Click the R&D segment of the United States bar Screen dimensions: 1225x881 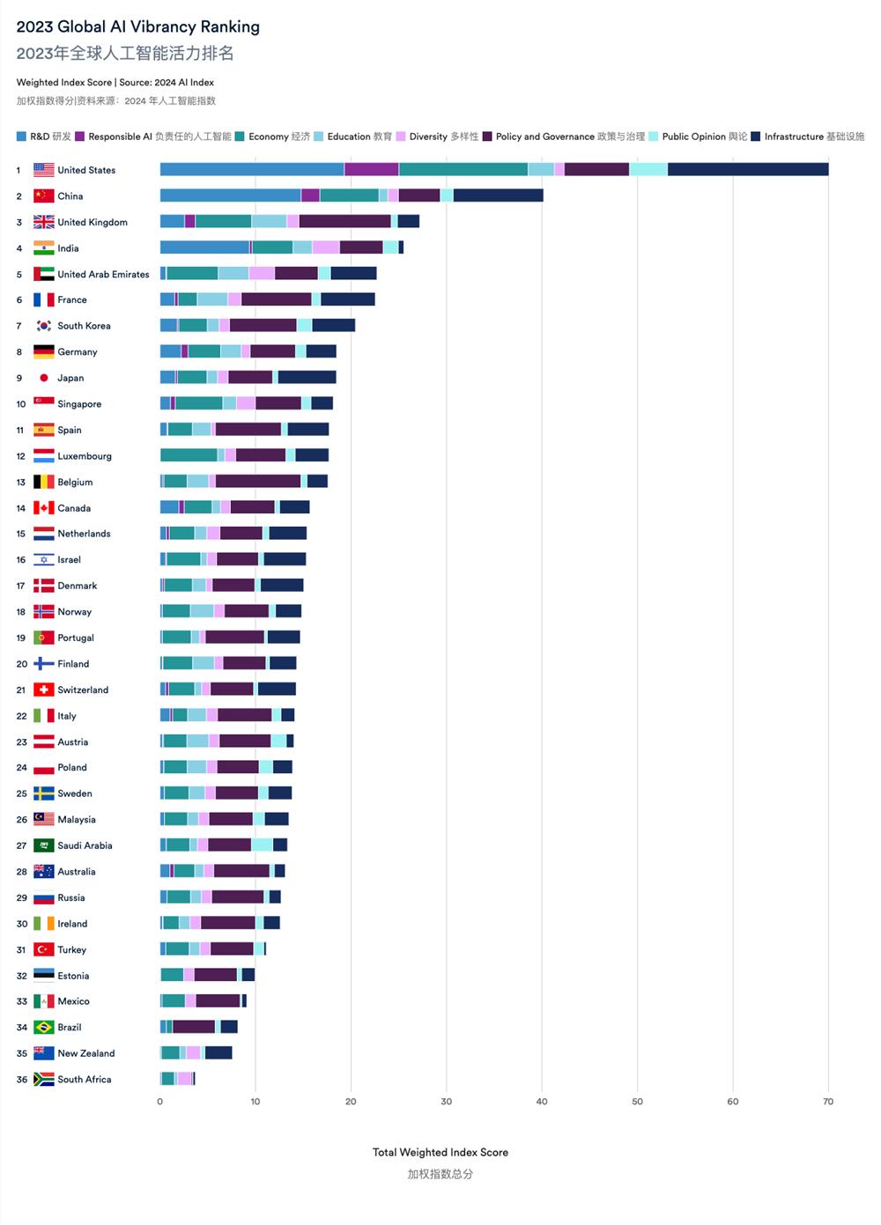click(252, 170)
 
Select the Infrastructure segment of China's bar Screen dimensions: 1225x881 click(498, 196)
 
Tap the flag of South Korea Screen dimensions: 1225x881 click(43, 326)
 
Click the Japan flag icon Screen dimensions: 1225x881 click(43, 378)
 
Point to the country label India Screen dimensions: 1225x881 click(68, 248)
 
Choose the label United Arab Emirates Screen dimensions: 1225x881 click(103, 274)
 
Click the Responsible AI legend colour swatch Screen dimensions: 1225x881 click(80, 137)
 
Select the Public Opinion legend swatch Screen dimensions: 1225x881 click(654, 137)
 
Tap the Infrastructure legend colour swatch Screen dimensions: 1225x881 click(756, 137)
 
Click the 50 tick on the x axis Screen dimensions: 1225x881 click(637, 1102)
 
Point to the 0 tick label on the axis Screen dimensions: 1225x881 click(159, 1102)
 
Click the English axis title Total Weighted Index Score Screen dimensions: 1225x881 click(440, 1152)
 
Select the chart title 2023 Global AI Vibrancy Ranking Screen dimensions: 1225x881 click(138, 26)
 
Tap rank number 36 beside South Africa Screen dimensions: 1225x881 click(22, 1080)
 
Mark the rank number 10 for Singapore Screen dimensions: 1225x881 click(21, 404)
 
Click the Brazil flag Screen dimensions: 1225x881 click(43, 1028)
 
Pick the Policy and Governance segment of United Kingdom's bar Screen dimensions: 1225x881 click(344, 222)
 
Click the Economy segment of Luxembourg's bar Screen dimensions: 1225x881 click(189, 456)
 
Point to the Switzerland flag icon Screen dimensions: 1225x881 click(43, 690)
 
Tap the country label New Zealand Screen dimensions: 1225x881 click(86, 1053)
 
